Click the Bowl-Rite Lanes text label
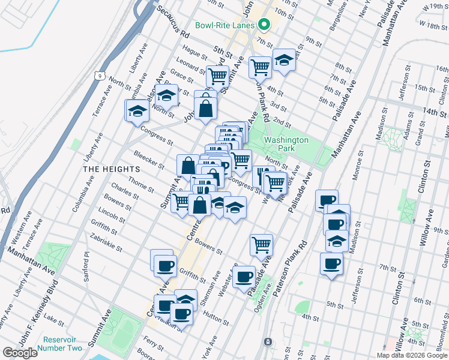225,26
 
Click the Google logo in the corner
20,352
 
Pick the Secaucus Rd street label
172,23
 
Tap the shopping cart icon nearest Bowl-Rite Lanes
260,66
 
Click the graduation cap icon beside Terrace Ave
137,110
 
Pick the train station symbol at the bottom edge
267,341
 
